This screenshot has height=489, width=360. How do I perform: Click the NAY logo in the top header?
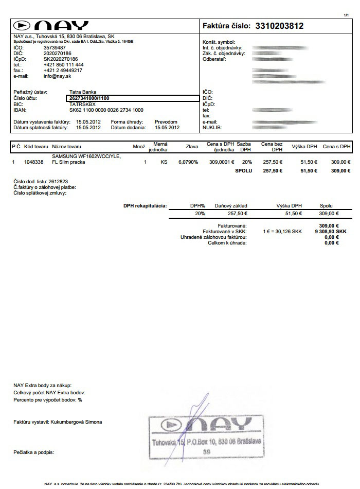(51, 26)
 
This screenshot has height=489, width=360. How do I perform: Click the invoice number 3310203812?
(279, 26)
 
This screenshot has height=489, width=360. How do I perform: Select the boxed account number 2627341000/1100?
(89, 98)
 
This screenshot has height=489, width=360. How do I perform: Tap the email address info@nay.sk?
(57, 76)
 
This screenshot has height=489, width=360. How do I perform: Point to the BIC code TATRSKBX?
(82, 103)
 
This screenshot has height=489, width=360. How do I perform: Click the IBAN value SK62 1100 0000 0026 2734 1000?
(106, 110)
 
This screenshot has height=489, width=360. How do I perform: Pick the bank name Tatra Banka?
(82, 92)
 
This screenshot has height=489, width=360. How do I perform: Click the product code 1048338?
(34, 162)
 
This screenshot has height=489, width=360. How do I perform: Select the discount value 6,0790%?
(188, 162)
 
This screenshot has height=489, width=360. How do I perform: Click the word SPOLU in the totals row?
(244, 170)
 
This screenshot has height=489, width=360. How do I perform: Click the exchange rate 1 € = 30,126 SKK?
(282, 232)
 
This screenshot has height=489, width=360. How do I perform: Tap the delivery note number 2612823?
(59, 182)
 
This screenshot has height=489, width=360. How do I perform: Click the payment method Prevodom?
(166, 122)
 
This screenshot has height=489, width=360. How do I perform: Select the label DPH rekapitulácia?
(145, 206)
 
